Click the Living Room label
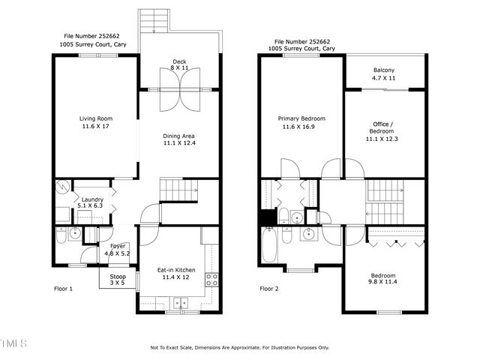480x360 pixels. tap(95, 118)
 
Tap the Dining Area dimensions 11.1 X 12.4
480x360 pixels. tap(179, 142)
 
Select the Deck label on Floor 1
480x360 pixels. tap(179, 61)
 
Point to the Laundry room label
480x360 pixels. tap(92, 199)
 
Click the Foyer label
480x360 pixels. tap(118, 246)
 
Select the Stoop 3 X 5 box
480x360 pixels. tap(118, 280)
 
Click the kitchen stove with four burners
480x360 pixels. tap(212, 280)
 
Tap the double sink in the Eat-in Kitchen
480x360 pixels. tap(180, 303)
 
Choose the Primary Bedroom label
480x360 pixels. tap(301, 118)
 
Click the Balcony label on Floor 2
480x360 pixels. tap(384, 70)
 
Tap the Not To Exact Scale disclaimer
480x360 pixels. tap(239, 347)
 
